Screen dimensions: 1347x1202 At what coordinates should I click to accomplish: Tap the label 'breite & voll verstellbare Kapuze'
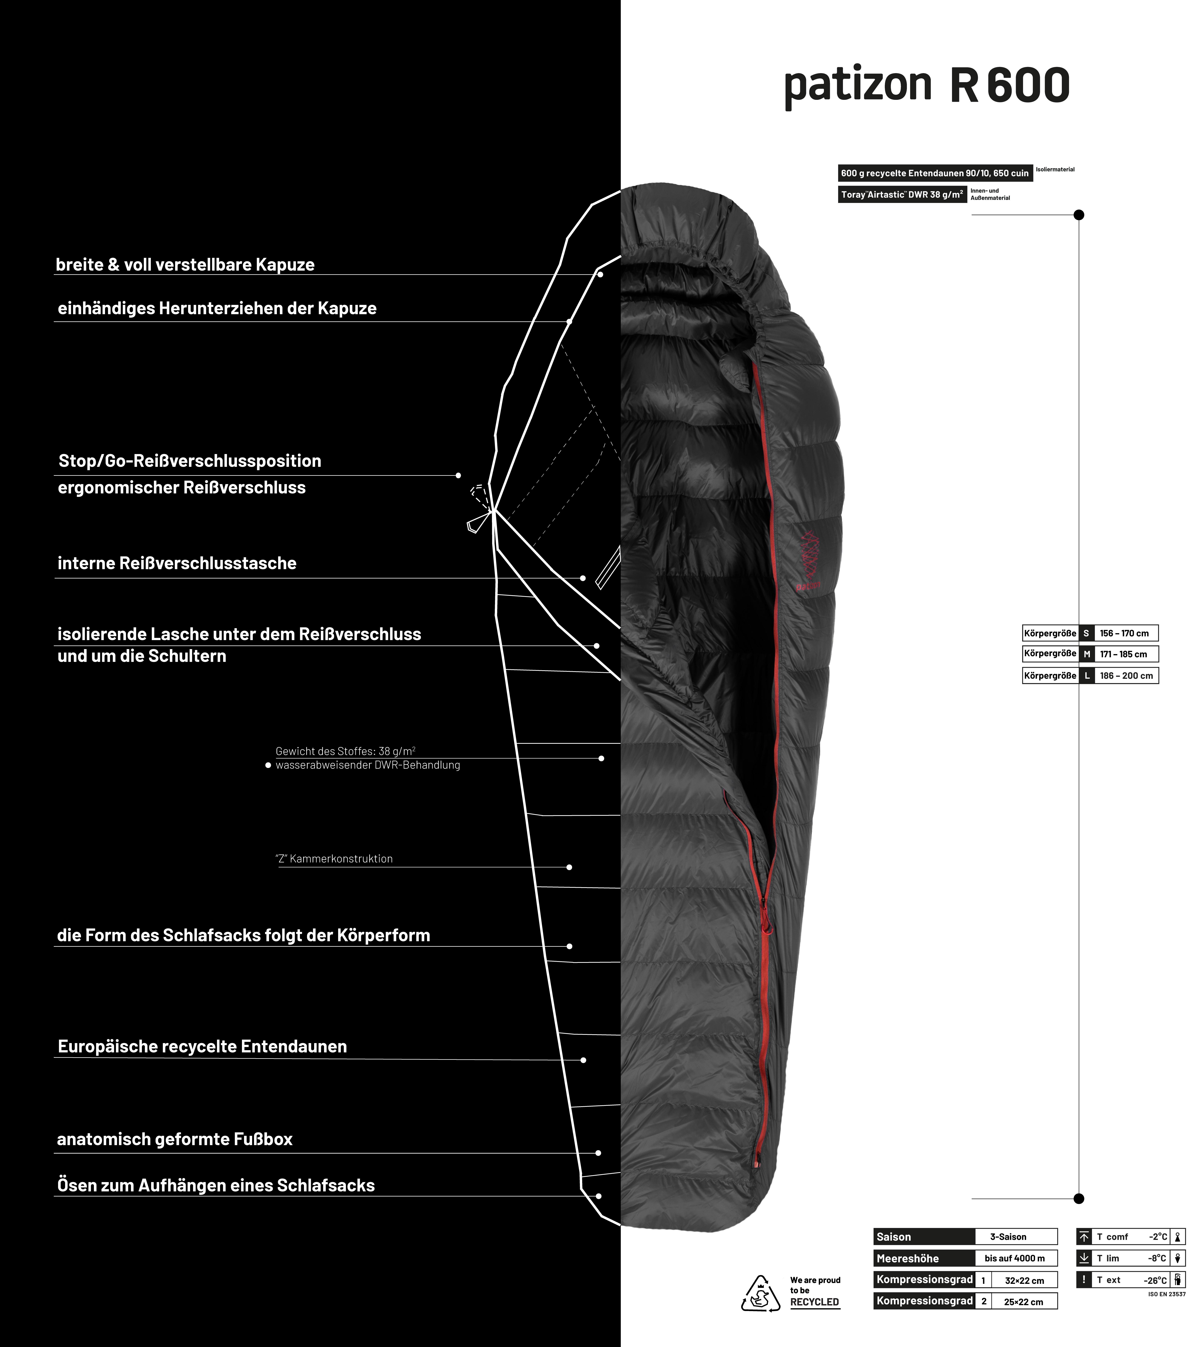[x=185, y=265]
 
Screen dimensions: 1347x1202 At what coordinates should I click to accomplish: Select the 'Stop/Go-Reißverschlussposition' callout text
[x=190, y=461]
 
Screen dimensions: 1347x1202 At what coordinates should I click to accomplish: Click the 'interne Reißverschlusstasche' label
[x=177, y=563]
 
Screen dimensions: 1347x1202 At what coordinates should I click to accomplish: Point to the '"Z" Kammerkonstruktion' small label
[x=334, y=858]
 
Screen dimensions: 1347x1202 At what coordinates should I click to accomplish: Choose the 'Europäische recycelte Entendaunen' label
[x=202, y=1047]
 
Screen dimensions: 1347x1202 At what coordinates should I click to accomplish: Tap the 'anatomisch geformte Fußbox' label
[x=174, y=1139]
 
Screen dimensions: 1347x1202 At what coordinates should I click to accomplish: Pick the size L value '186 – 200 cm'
[x=1126, y=675]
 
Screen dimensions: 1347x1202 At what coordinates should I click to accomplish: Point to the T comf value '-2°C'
[x=1158, y=1237]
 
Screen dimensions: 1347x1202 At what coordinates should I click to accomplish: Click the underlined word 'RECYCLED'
[x=814, y=1302]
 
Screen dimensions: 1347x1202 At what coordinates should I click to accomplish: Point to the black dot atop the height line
[x=1079, y=215]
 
